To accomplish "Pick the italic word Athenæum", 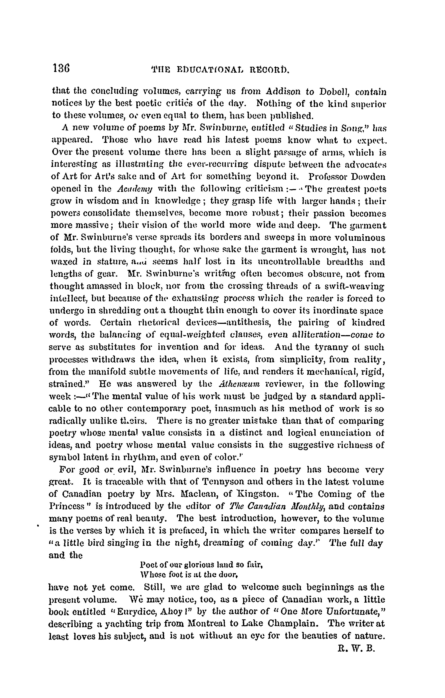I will pyautogui.click(x=239, y=384).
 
